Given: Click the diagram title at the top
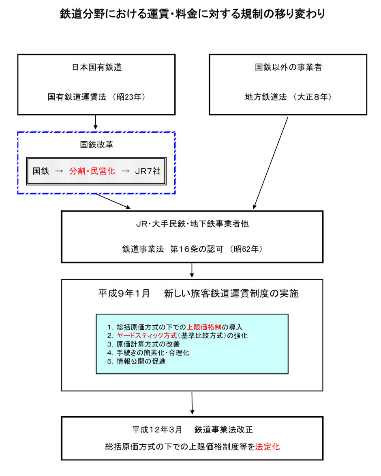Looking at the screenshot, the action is tap(192, 14).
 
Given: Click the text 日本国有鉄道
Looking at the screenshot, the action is tap(96, 67).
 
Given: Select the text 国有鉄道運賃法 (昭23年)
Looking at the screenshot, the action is tap(96, 97).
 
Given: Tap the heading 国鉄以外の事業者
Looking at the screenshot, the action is tap(288, 67).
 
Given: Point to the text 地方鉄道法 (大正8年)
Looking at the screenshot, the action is tap(288, 97).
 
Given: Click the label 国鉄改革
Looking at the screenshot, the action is tap(96, 145).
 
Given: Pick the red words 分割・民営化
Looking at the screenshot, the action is tap(92, 171).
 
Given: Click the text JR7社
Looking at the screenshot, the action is tap(148, 171).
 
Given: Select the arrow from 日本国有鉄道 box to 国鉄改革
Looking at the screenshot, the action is tap(95, 122).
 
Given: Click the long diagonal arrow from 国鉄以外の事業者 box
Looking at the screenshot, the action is tap(270, 163).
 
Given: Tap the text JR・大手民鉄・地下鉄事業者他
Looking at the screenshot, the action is tap(192, 224).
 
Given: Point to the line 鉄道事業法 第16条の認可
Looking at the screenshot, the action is tap(173, 249).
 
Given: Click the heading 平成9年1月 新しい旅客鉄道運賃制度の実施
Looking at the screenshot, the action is tap(198, 293).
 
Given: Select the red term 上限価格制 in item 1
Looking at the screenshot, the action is tap(204, 327).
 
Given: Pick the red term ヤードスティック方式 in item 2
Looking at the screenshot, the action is tap(147, 335).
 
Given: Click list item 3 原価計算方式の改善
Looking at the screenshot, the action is tap(143, 344).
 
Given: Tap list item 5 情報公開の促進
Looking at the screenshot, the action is tap(136, 361).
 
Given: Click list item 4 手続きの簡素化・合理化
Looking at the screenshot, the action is tap(148, 353).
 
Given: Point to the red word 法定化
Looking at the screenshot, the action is tap(268, 446).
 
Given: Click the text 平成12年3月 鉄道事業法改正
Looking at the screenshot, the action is tap(192, 430).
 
